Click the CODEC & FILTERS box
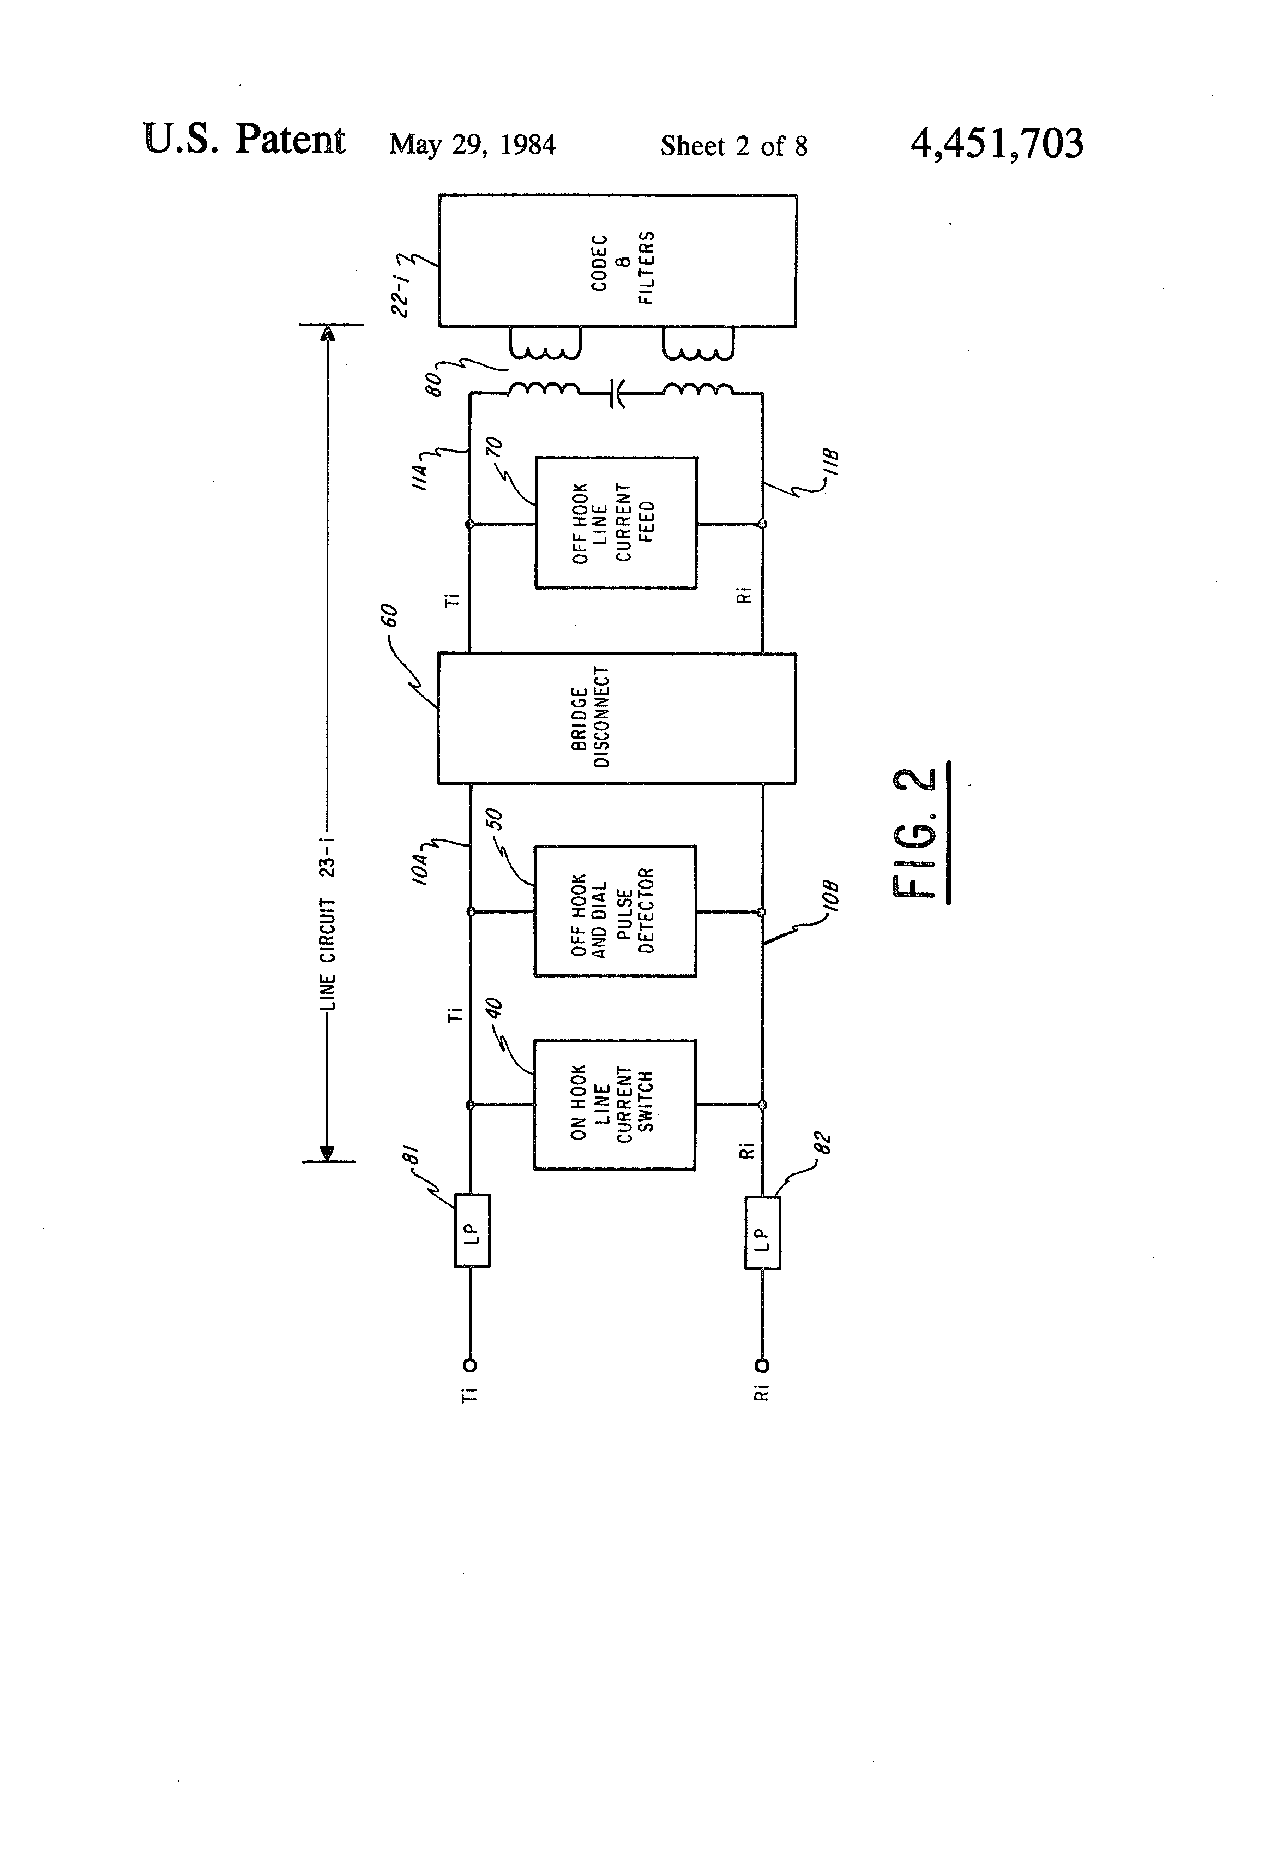tap(617, 261)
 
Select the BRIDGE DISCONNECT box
tap(617, 717)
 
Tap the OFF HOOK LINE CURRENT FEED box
tap(616, 523)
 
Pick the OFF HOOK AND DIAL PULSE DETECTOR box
tap(615, 911)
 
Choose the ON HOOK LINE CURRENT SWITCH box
tap(614, 1105)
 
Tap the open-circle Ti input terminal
tap(470, 1365)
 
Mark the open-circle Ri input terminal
tap(762, 1365)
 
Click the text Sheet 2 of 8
tap(733, 146)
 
